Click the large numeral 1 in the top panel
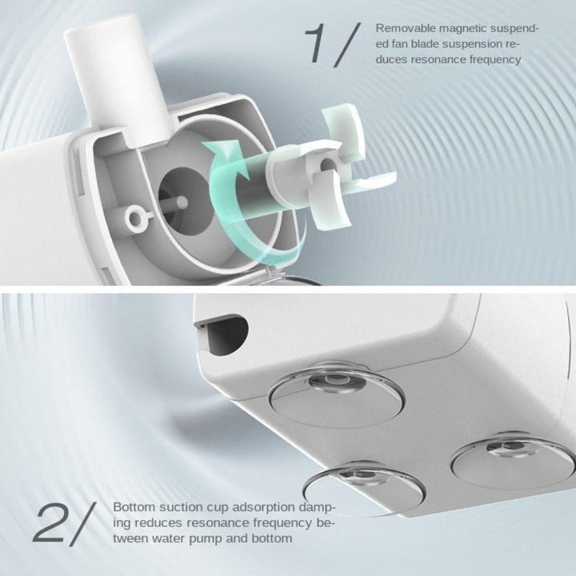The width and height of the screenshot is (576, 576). click(318, 43)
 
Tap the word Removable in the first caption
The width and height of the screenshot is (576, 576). click(405, 28)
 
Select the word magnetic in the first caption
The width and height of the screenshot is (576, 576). click(463, 29)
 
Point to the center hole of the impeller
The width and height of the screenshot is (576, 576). click(327, 166)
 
